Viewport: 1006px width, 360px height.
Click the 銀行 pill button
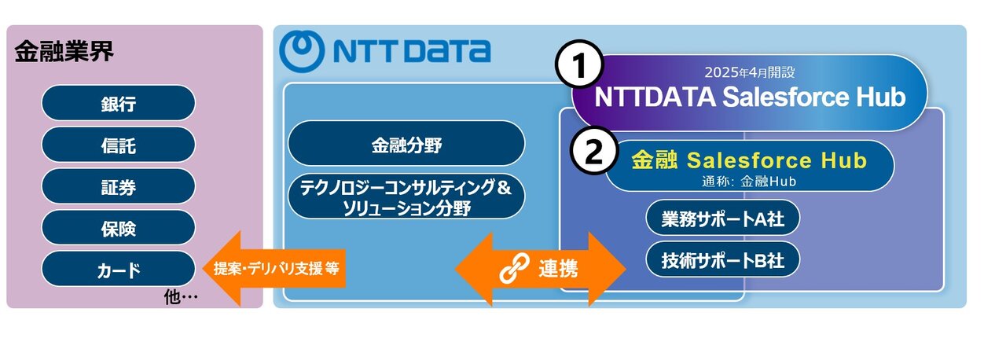coord(118,103)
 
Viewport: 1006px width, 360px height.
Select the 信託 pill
coord(118,145)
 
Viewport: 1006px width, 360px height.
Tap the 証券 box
coord(118,186)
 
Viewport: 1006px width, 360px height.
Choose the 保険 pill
coord(118,228)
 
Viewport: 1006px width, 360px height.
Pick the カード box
coord(118,269)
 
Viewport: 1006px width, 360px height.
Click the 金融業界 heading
coord(64,52)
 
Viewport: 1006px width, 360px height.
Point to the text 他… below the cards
coord(181,296)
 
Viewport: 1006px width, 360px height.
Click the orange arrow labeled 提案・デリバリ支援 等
coord(274,269)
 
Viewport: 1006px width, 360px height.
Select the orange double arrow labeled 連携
coord(540,269)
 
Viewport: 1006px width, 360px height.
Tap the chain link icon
coord(514,268)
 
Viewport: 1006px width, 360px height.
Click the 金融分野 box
coord(406,144)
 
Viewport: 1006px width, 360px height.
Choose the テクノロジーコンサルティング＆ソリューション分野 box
coord(406,197)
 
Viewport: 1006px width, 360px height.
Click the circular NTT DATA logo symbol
coord(301,51)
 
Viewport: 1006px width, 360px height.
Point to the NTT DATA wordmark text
coord(412,51)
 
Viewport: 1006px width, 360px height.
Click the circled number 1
coord(579,65)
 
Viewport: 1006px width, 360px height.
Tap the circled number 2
coord(593,151)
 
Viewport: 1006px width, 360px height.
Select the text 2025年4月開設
coord(749,72)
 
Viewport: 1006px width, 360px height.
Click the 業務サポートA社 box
coord(722,219)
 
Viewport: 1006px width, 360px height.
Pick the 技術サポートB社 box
coord(722,260)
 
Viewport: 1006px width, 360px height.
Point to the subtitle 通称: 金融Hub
coord(749,182)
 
